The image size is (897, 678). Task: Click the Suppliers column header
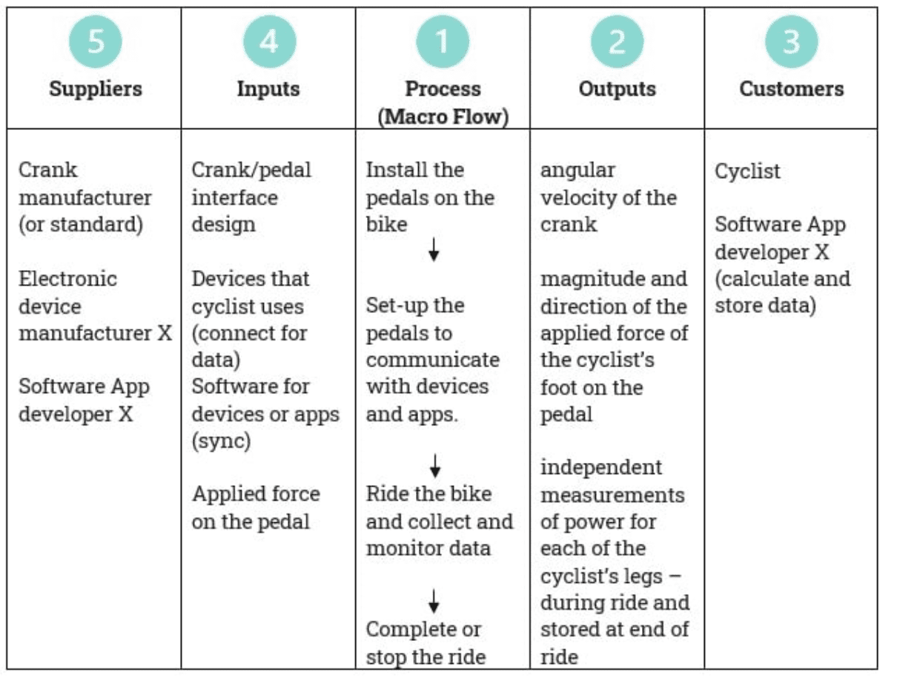point(96,89)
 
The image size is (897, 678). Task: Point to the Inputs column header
point(268,89)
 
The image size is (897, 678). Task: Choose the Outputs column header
point(617,89)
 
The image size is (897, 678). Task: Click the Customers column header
point(791,89)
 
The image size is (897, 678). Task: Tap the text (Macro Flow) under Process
point(443,117)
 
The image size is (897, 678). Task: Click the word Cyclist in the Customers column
point(747,171)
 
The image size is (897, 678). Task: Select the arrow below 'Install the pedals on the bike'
point(434,252)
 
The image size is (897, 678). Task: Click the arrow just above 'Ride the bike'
point(436,466)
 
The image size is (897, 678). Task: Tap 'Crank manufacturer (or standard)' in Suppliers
point(85,197)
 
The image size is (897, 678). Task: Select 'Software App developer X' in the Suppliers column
point(84,400)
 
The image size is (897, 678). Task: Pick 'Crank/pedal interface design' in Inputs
point(251,197)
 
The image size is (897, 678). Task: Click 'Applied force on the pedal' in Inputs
point(256,507)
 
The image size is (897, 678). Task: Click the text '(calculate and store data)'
point(782,292)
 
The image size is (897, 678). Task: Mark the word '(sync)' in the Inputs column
point(221,441)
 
